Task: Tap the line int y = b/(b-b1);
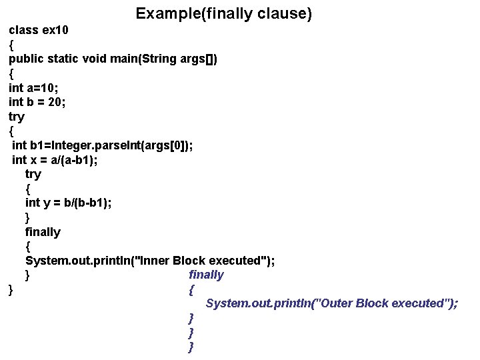click(68, 203)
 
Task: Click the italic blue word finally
click(206, 275)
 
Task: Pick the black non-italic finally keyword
click(43, 232)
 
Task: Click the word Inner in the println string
click(154, 260)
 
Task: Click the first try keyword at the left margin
click(16, 117)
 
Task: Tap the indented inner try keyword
click(33, 174)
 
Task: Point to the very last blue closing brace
click(191, 347)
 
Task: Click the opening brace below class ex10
click(11, 45)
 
